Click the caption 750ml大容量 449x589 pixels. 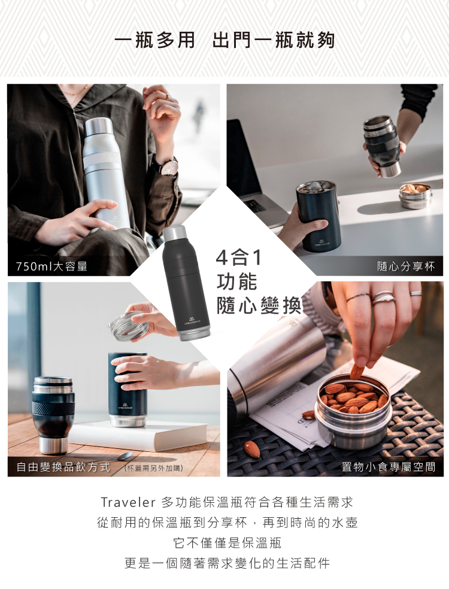52,266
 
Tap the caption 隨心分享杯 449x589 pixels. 406,266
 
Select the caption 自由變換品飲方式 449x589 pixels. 63,467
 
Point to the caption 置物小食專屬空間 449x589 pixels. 389,467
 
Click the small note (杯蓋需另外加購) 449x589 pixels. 153,468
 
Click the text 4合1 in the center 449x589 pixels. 239,257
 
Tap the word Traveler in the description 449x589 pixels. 128,502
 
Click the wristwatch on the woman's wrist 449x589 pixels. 168,166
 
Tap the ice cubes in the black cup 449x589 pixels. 316,186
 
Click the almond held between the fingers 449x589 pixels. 357,371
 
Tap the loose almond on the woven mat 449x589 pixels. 252,449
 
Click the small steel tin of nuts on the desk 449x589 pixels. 415,196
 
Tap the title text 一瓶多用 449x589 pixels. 154,40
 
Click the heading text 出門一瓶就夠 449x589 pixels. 273,40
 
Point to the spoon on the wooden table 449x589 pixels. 125,456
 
